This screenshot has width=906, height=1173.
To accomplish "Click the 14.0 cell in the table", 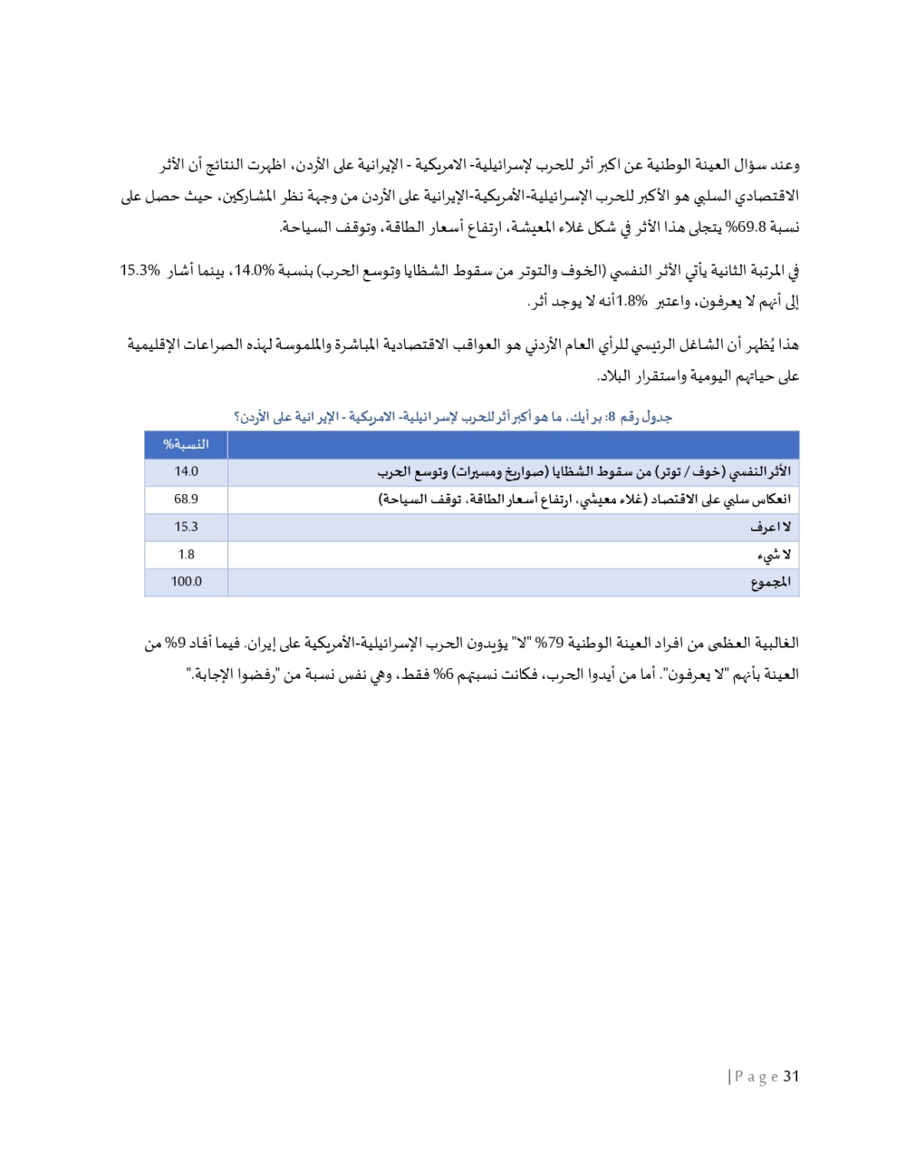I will (186, 471).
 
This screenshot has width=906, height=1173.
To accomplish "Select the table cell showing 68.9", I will (186, 499).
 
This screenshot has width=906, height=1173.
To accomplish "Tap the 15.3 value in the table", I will (186, 527).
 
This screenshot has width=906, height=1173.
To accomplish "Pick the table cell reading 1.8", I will (186, 554).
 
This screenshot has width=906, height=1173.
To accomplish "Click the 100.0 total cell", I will (186, 582).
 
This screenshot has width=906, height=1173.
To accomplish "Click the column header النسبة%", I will (186, 444).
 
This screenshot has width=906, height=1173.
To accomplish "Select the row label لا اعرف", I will (770, 527).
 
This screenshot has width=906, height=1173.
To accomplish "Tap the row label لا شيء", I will (773, 554).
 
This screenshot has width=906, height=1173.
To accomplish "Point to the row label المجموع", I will (770, 582).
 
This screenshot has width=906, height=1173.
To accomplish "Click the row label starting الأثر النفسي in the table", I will (584, 471).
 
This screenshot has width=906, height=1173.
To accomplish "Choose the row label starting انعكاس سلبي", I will (584, 499).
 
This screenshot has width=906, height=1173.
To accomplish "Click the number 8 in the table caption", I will (612, 417).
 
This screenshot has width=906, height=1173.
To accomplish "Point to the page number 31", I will (791, 1076).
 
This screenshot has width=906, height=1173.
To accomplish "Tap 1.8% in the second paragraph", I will (631, 301).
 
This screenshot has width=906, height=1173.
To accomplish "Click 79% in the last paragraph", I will (550, 644).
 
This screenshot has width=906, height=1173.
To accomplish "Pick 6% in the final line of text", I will (443, 674).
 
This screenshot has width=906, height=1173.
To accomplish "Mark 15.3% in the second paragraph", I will (140, 270).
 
